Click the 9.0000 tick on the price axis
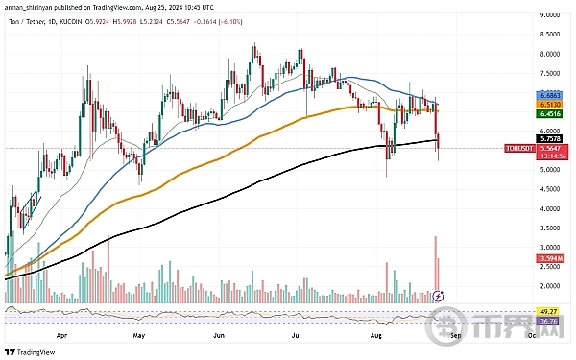pos(551,15)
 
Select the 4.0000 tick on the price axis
pos(551,208)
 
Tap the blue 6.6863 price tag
pos(551,96)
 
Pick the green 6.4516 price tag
pos(551,113)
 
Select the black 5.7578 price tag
pos(551,139)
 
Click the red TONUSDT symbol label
pos(518,148)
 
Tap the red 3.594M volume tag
pos(551,258)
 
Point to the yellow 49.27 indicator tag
pos(551,312)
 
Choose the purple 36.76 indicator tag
pos(551,321)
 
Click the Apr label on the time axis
pos(63,337)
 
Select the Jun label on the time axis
pos(219,337)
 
